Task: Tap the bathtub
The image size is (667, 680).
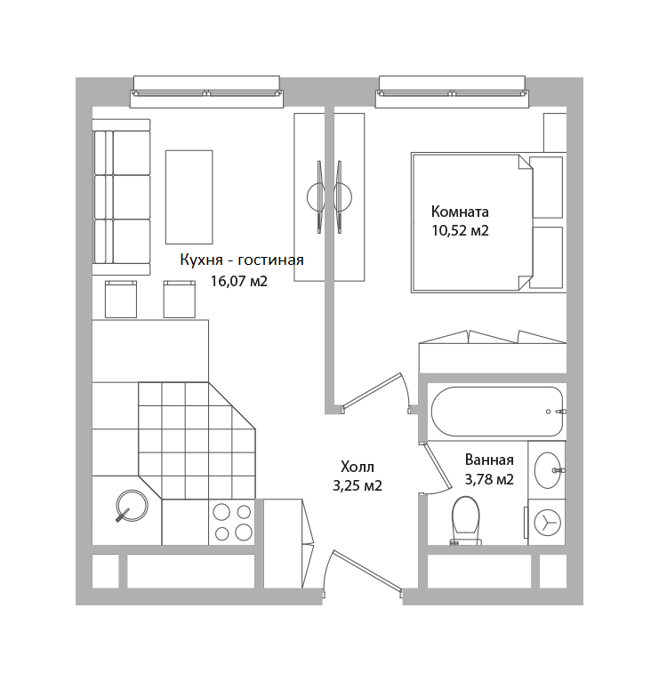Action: tap(497, 412)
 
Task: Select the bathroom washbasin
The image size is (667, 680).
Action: tap(548, 470)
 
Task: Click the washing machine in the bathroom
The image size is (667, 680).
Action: tap(547, 522)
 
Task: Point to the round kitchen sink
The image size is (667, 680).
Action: tap(132, 505)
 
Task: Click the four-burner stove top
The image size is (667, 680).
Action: tap(232, 522)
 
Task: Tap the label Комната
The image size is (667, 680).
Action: tap(460, 212)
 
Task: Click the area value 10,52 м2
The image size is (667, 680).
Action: tap(460, 230)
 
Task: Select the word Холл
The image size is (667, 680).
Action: tap(358, 467)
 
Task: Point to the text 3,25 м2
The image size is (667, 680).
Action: tap(358, 485)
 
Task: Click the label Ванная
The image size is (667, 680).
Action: tap(489, 460)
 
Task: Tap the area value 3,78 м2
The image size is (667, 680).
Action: tap(489, 479)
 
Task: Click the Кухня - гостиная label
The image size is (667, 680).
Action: tap(242, 260)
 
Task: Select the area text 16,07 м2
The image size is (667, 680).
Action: tap(238, 281)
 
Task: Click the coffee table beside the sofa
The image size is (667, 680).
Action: tap(189, 196)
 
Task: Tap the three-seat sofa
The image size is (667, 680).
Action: tap(121, 197)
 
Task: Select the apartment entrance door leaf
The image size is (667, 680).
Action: tap(367, 571)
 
